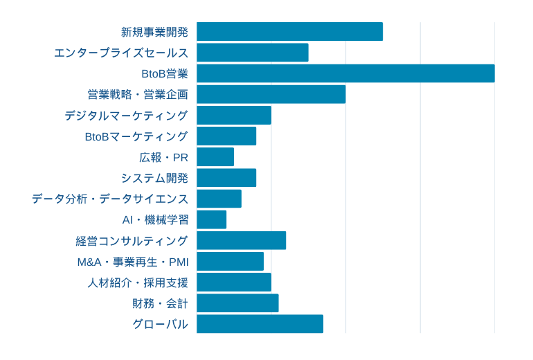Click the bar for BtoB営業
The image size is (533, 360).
345,73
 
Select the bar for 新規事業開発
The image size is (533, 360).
289,32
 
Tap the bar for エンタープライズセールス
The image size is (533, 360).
253,53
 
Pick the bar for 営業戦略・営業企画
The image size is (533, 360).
271,94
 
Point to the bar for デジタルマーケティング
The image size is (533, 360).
234,115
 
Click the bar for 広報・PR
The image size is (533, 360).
215,157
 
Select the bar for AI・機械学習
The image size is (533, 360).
212,219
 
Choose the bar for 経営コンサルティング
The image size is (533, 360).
241,240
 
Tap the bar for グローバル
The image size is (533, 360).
260,324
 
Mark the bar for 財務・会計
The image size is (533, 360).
237,303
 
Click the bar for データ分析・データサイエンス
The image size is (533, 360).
219,199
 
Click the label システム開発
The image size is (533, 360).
154,178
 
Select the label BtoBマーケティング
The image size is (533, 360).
136,136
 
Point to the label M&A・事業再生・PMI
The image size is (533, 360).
133,262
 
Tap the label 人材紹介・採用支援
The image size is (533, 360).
138,282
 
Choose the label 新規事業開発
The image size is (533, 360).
154,32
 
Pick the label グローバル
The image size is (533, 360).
160,324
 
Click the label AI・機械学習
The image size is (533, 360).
155,219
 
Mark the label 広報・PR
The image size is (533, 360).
163,157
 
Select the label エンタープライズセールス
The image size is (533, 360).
121,53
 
